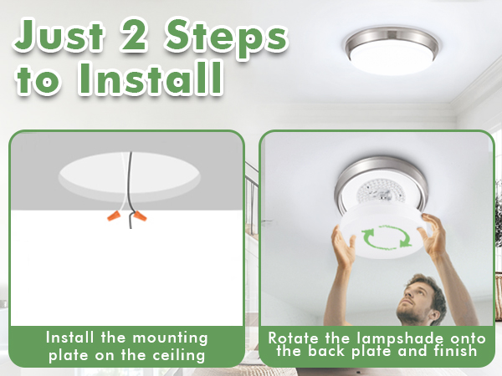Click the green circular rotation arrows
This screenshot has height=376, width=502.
tap(384, 237)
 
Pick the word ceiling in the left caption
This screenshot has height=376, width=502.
tap(181, 354)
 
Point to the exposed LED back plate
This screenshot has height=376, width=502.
tap(381, 193)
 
